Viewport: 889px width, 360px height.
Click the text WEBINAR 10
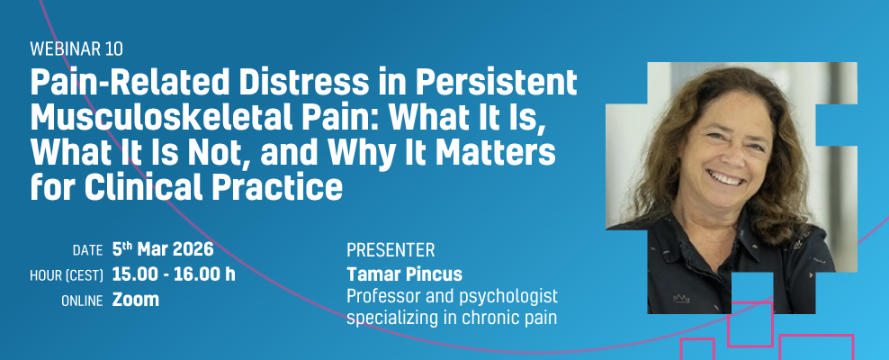[x=76, y=49]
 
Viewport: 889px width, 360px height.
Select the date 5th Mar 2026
[x=163, y=248]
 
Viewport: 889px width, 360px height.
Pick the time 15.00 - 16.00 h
[x=174, y=274]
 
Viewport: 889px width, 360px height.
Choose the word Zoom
[x=136, y=300]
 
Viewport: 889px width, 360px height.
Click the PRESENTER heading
[x=391, y=249]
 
